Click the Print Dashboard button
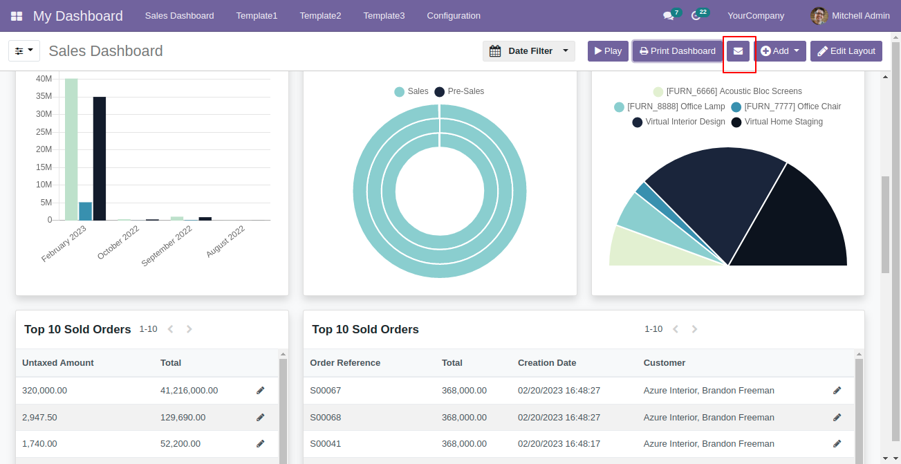pos(677,51)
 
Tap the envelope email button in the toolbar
pos(739,51)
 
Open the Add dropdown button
pos(780,51)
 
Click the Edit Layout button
pos(846,51)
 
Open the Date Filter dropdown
pos(529,51)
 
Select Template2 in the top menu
pos(320,15)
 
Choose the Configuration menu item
pos(454,15)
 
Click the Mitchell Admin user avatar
pos(819,15)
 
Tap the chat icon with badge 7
pos(668,15)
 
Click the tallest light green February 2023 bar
pos(71,149)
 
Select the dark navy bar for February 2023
pos(100,158)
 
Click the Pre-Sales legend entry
pos(459,91)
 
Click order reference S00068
pos(325,418)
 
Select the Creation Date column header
pos(547,363)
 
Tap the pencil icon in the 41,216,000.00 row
pos(261,391)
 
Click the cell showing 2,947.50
pos(39,418)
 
